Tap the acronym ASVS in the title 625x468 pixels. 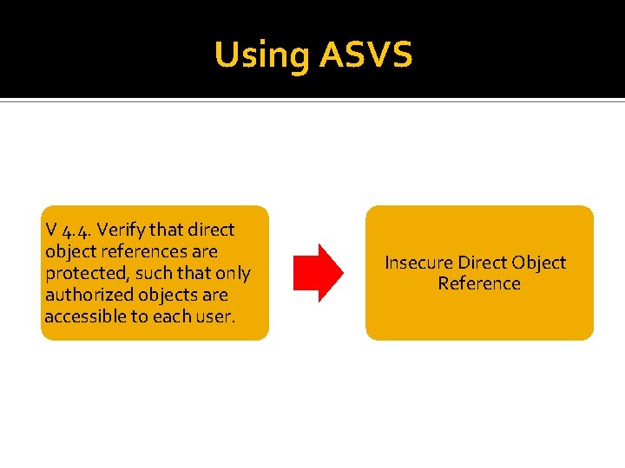click(x=365, y=55)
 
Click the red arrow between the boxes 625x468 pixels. click(x=318, y=273)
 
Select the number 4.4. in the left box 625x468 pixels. click(x=77, y=231)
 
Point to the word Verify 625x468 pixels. click(x=122, y=231)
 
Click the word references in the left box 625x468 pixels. click(x=141, y=252)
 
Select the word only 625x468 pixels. click(x=233, y=274)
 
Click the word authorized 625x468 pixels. click(x=85, y=296)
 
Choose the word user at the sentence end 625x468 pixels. click(x=214, y=317)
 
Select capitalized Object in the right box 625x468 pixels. click(x=539, y=263)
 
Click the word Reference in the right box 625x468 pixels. click(x=479, y=284)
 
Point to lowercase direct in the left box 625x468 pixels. click(x=212, y=231)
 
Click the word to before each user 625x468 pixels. click(x=141, y=317)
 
